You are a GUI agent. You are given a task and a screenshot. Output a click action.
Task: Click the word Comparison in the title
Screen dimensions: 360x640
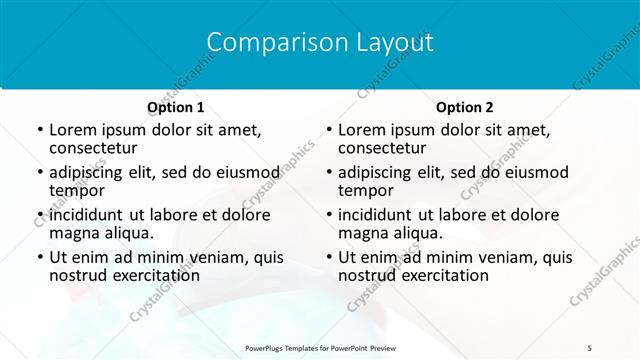click(x=266, y=42)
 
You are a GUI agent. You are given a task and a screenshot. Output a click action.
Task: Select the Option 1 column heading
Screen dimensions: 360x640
click(x=176, y=107)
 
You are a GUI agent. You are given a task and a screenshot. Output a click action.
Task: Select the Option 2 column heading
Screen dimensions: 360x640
click(x=465, y=107)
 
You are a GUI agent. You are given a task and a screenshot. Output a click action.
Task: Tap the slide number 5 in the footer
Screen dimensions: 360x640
click(x=590, y=347)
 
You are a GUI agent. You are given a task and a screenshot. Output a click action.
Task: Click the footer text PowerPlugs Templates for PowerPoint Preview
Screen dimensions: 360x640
click(x=320, y=347)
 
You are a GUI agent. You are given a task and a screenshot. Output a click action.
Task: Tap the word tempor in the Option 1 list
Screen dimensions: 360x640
click(x=77, y=190)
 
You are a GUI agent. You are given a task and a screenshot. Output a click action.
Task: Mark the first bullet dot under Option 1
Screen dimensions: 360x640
click(x=39, y=130)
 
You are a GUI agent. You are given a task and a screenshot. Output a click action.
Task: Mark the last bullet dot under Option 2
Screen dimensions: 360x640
click(x=328, y=257)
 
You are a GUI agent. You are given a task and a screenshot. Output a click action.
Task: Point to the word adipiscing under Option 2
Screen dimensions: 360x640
click(x=375, y=172)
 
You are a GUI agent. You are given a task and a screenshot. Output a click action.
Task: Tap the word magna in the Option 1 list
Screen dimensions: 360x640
click(x=73, y=232)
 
